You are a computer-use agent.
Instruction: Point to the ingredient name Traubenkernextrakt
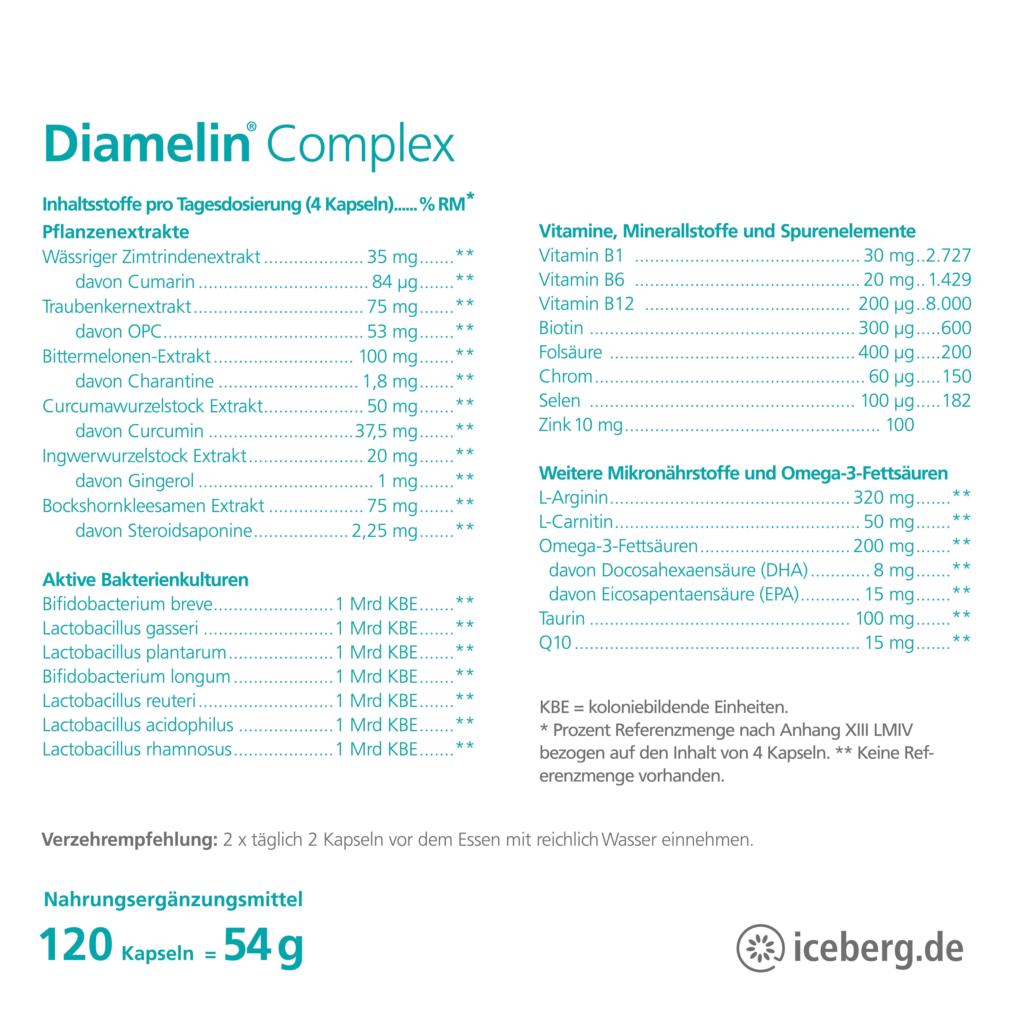117,307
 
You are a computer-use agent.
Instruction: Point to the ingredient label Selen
559,401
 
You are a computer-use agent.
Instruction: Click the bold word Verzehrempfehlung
129,840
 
